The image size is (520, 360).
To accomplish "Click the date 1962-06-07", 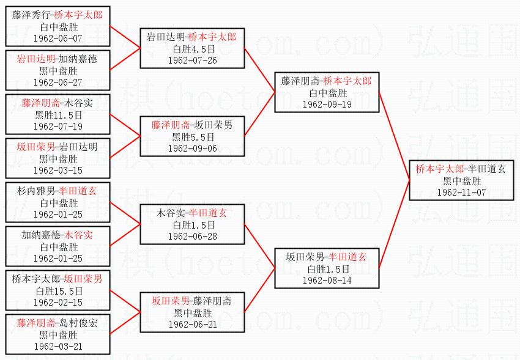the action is [58, 38].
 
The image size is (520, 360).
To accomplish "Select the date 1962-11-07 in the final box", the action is [462, 192].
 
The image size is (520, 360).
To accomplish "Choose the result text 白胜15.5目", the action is [58, 291].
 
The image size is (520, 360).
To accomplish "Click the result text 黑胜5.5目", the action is [192, 137].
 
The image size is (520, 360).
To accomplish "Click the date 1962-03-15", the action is [58, 170].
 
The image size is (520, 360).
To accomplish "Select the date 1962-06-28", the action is [192, 237].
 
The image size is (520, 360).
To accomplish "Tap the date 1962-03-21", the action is [58, 346].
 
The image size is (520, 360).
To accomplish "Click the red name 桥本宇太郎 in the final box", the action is [439, 169].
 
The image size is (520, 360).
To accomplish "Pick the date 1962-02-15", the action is [58, 302].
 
